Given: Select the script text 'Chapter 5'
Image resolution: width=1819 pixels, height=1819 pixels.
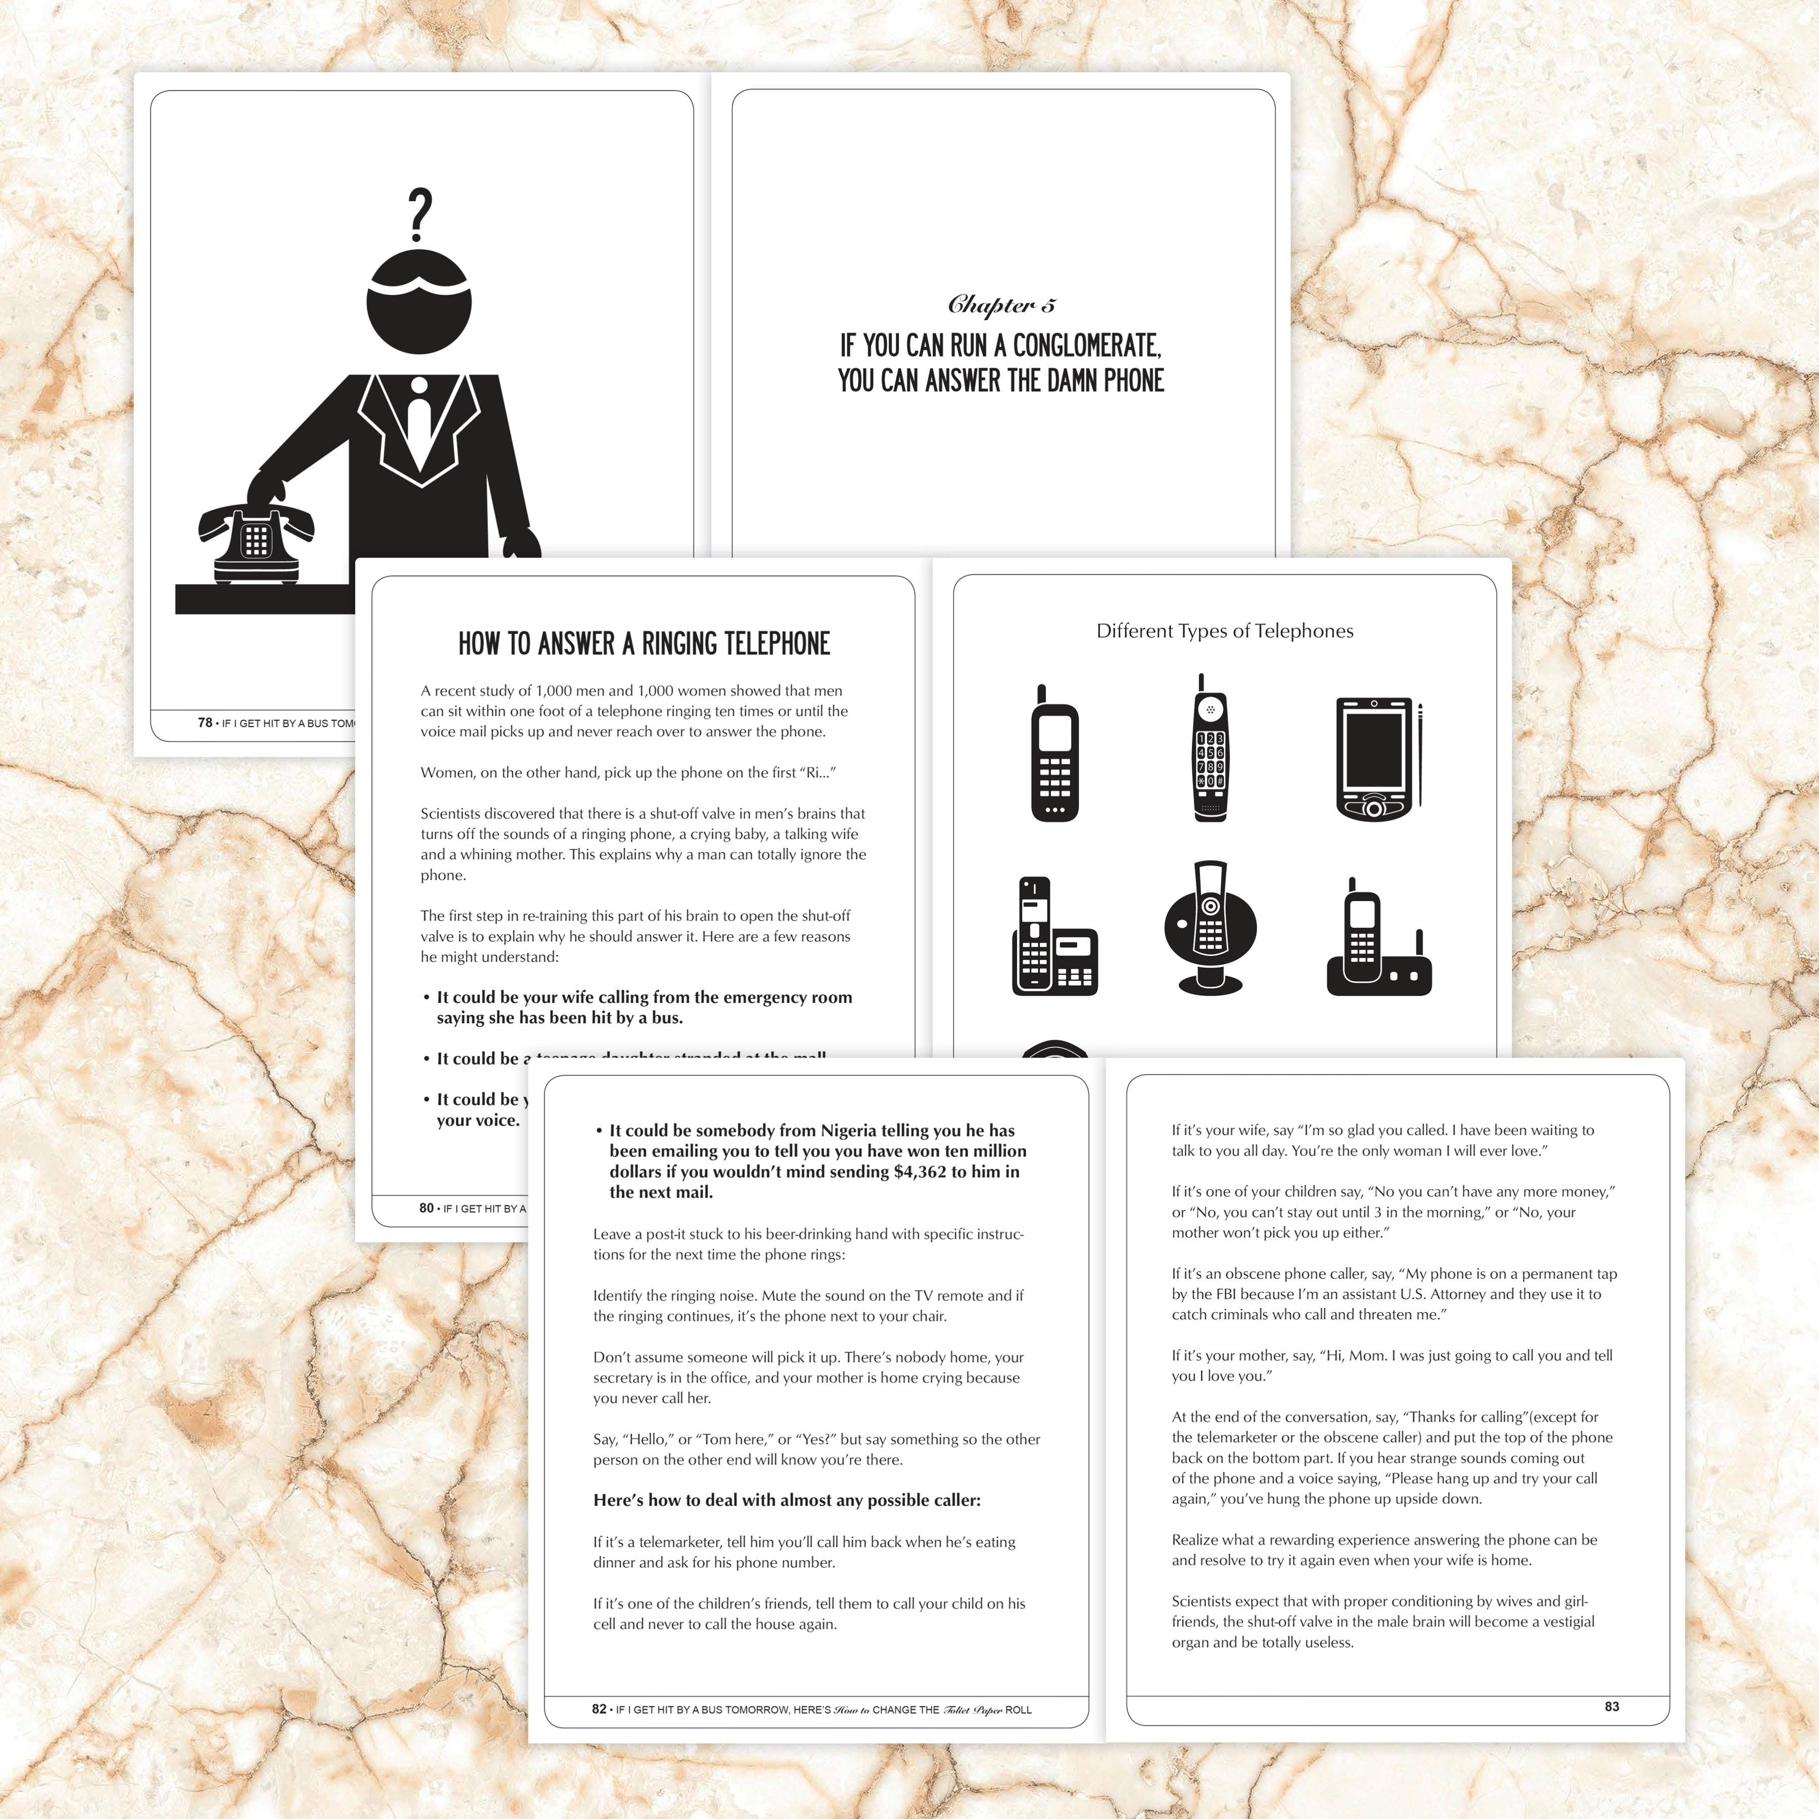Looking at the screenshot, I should [1001, 304].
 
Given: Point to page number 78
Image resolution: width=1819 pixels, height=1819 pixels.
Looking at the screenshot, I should [204, 722].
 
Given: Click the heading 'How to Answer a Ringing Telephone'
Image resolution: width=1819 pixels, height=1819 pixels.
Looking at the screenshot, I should [644, 644].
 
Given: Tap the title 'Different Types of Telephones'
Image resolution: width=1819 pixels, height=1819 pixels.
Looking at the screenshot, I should [1224, 631].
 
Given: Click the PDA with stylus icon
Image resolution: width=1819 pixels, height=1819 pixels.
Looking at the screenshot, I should [1376, 759].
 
